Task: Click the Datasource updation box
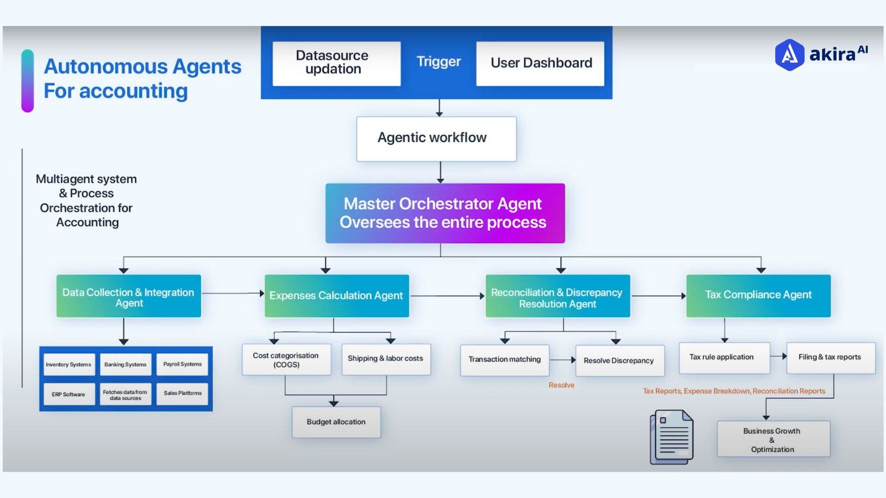click(x=336, y=63)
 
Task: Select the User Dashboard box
click(x=540, y=63)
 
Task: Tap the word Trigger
click(x=438, y=61)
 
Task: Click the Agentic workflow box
click(x=436, y=138)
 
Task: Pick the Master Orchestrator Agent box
click(x=445, y=213)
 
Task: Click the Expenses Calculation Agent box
click(x=336, y=296)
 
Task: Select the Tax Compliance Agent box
click(x=758, y=296)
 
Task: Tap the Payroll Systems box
click(x=182, y=364)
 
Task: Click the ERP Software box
click(x=69, y=394)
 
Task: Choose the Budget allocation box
click(x=336, y=422)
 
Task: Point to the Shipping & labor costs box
click(x=386, y=359)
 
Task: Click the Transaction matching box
click(x=504, y=360)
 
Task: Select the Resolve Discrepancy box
click(x=619, y=361)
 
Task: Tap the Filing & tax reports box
click(x=830, y=357)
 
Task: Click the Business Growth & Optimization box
click(x=773, y=439)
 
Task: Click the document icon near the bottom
click(x=671, y=437)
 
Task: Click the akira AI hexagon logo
click(x=789, y=54)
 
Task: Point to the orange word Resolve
click(x=561, y=385)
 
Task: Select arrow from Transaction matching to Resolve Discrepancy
click(x=563, y=360)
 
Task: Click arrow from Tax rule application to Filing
click(x=778, y=356)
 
